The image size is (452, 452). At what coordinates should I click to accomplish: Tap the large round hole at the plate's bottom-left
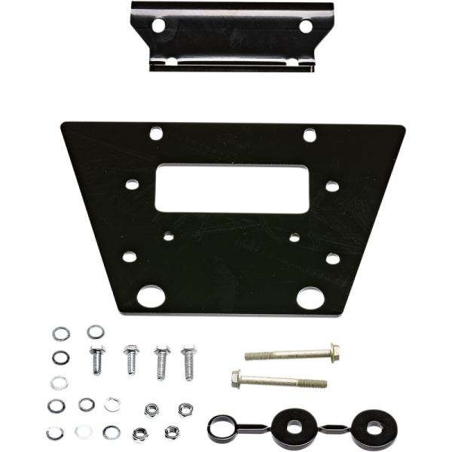click(151, 296)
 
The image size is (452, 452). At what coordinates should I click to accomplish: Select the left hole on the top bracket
click(158, 25)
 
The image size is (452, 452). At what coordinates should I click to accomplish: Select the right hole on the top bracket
click(305, 26)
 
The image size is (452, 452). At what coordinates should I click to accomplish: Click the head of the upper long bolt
click(333, 350)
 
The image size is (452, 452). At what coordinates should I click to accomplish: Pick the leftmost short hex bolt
click(97, 359)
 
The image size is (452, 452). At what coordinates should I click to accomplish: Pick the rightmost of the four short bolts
click(188, 361)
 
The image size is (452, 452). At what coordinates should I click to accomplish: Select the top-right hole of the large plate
click(309, 134)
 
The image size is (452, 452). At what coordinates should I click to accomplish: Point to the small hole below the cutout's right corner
click(295, 237)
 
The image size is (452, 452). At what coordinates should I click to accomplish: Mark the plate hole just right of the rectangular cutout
click(331, 186)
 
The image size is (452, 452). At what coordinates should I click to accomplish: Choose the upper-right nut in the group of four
click(184, 409)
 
